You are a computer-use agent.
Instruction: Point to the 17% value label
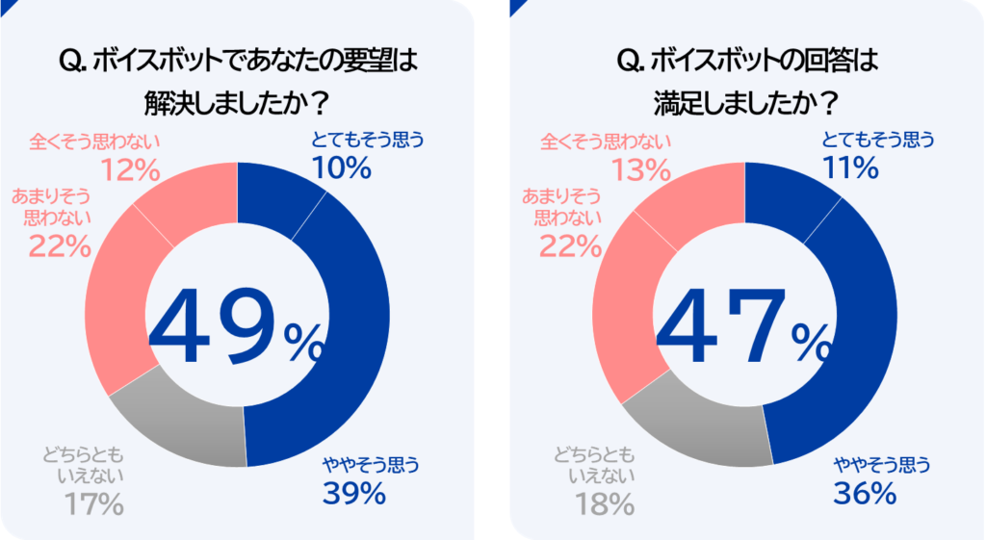coord(93,502)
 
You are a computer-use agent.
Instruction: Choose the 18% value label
coord(604,502)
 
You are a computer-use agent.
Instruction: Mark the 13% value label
coord(638,170)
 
